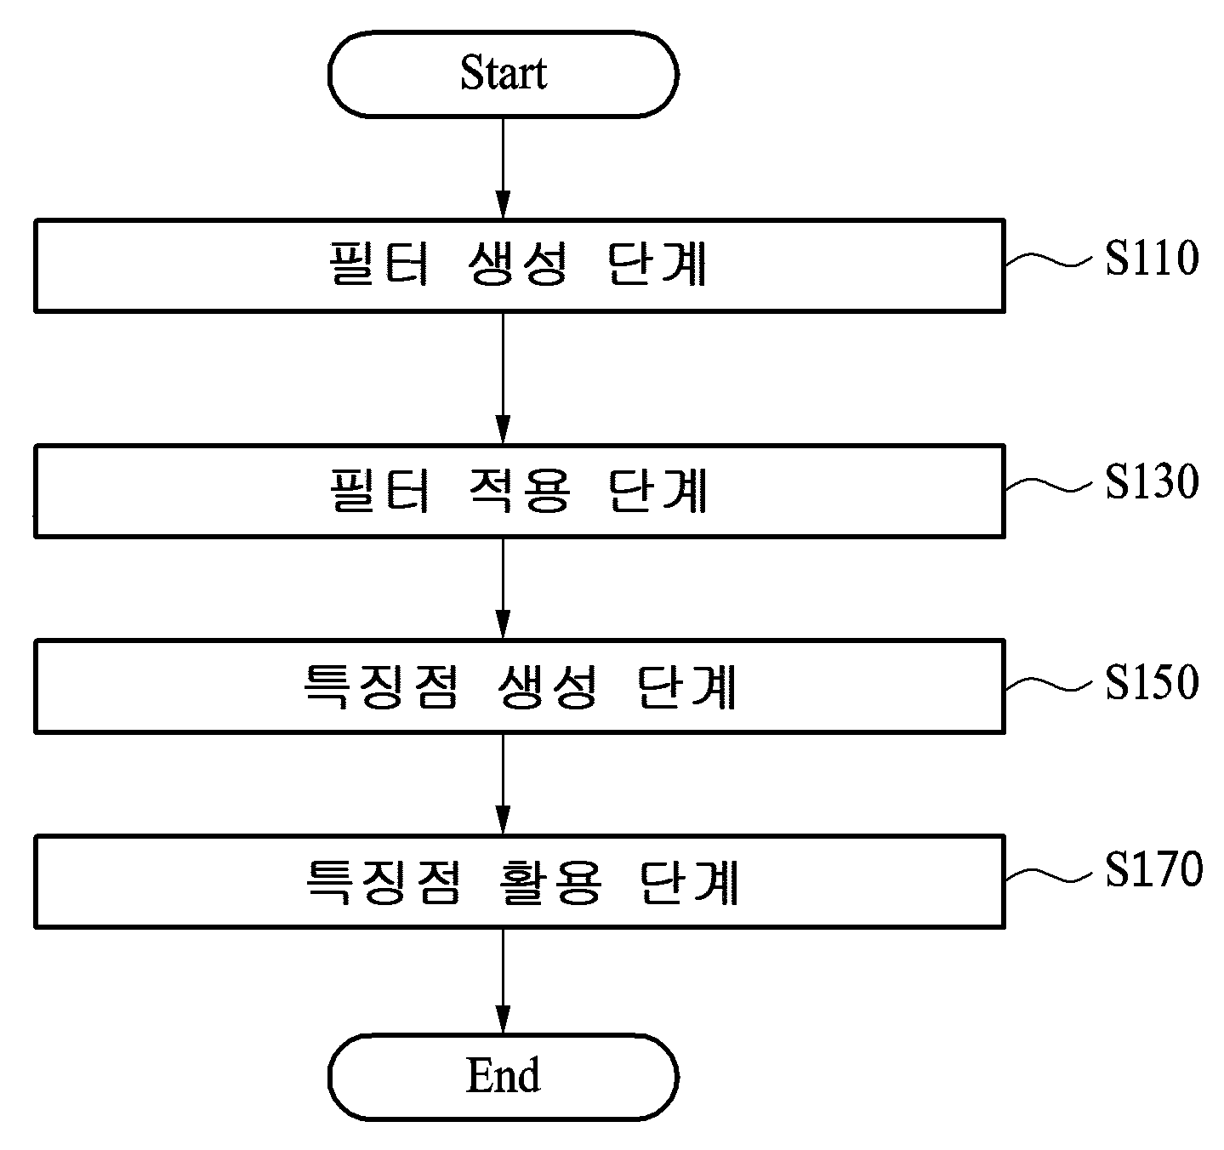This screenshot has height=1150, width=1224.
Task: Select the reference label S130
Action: (x=1152, y=481)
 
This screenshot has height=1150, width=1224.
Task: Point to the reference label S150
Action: (x=1152, y=683)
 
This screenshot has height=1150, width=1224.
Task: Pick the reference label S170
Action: (x=1153, y=869)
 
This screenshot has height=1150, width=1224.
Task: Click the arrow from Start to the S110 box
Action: (x=503, y=168)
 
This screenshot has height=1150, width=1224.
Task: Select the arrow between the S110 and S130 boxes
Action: (x=503, y=378)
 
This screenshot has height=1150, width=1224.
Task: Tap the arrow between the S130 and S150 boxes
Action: (x=503, y=589)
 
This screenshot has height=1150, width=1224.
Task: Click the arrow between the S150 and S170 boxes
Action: (x=503, y=783)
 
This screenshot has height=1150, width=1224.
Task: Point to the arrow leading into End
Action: (x=503, y=981)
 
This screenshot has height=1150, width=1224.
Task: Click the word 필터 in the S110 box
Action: (x=379, y=264)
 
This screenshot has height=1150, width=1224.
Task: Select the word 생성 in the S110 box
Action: (x=518, y=264)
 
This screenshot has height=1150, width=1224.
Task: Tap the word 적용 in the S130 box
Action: (x=519, y=490)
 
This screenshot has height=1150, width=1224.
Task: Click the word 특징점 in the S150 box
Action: (x=382, y=686)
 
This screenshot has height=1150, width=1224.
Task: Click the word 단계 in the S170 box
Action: (x=690, y=882)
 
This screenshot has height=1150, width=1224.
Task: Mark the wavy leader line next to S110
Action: (x=1048, y=260)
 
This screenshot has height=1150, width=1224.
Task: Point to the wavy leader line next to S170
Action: (x=1048, y=875)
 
